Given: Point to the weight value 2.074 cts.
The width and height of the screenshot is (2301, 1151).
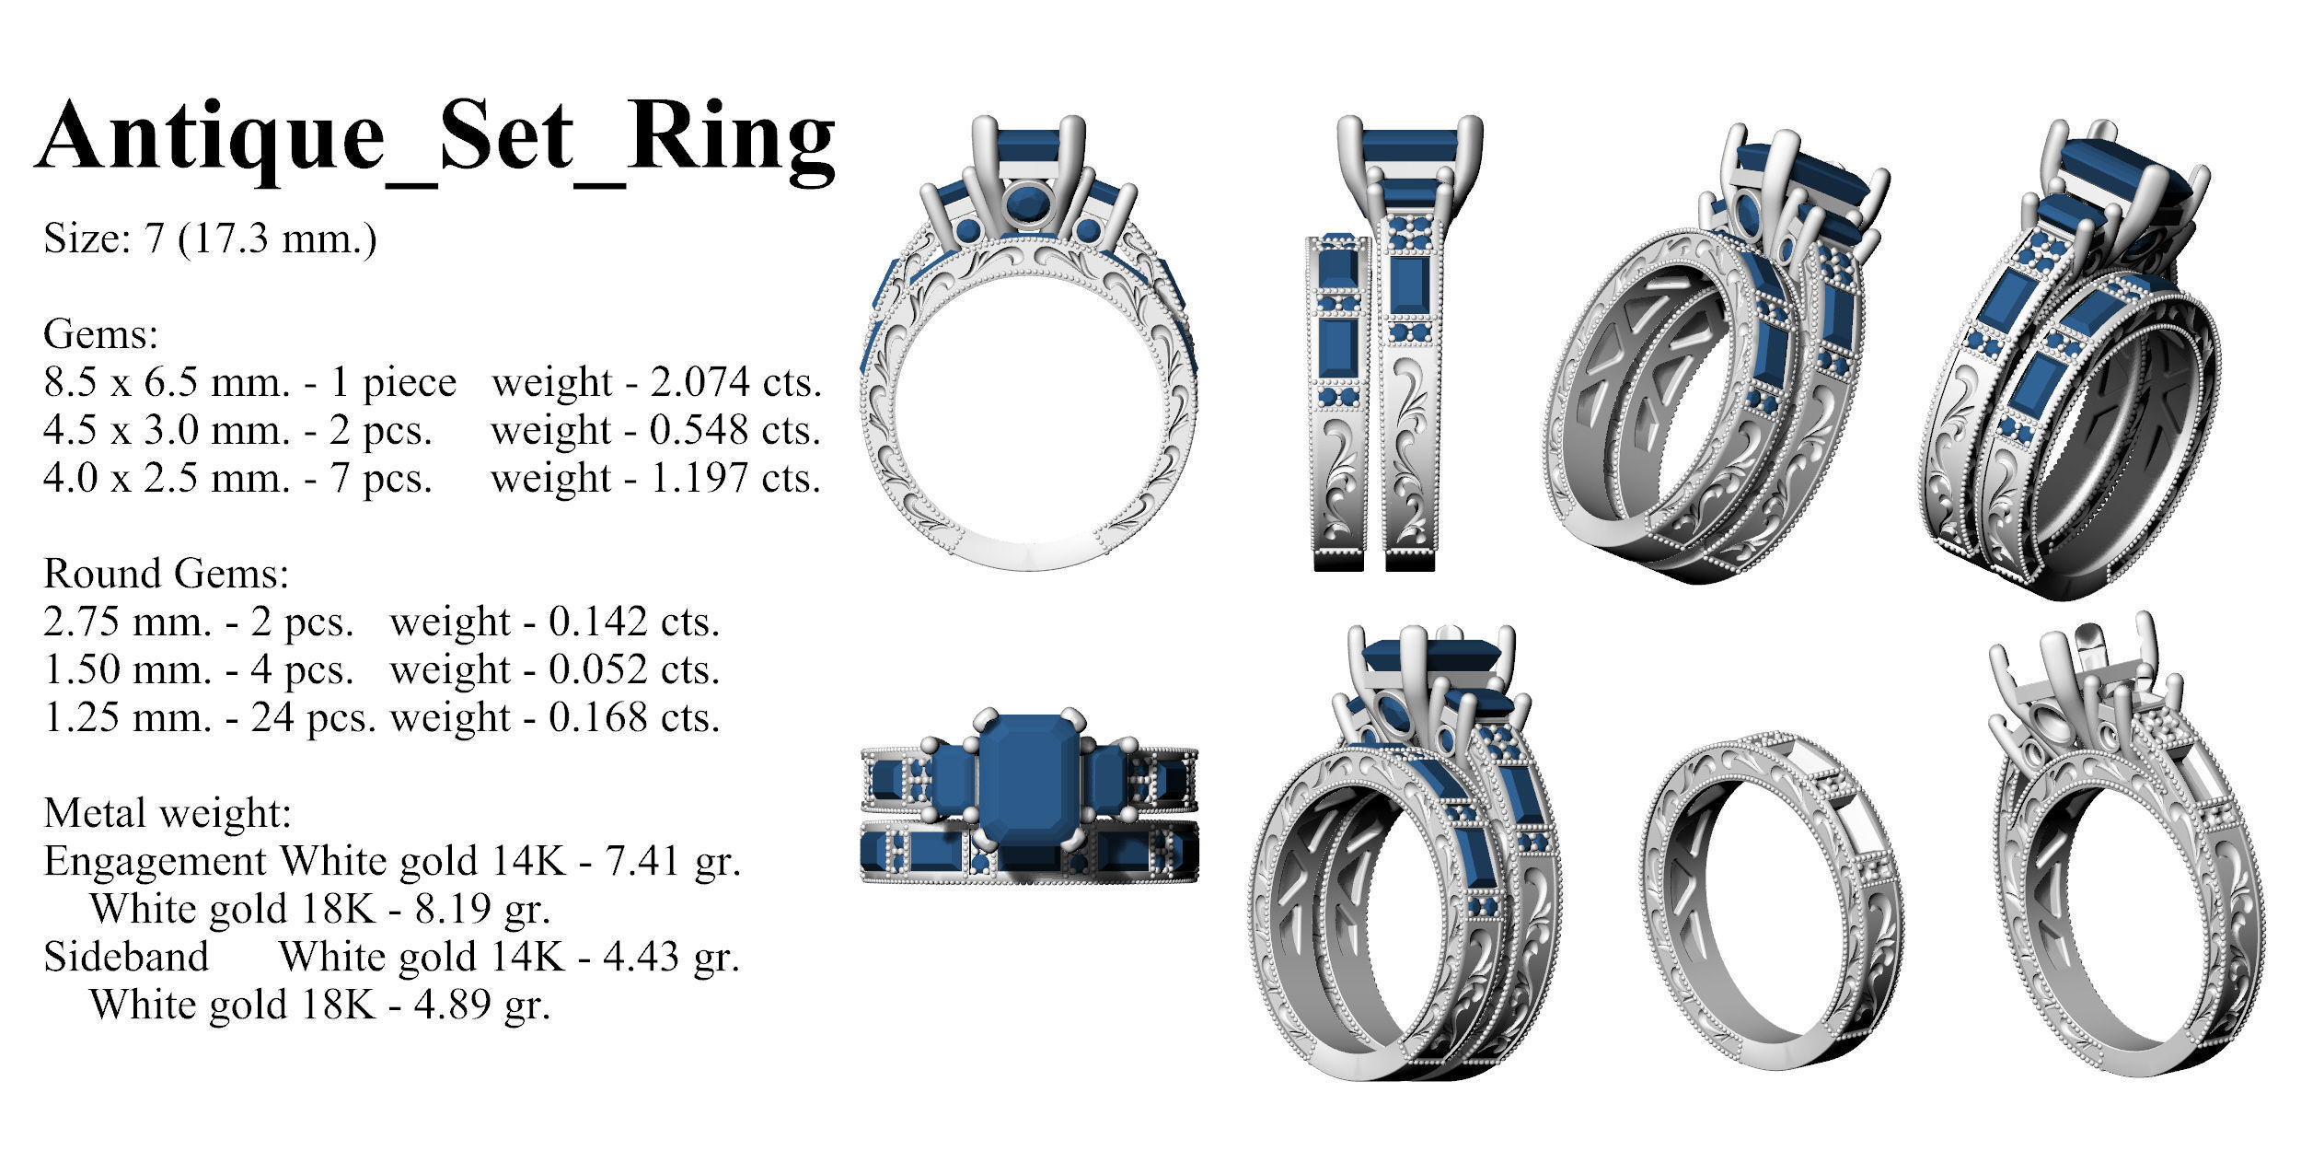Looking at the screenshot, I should point(735,382).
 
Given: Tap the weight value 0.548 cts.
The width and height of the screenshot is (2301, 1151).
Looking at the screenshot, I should point(735,430).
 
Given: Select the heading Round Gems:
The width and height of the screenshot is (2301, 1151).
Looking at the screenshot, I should point(166,574).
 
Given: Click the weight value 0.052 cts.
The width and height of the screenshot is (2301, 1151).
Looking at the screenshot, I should point(634,669).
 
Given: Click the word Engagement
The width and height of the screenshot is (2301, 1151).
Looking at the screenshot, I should point(155,861).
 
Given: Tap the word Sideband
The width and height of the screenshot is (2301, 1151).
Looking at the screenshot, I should point(126,957).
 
